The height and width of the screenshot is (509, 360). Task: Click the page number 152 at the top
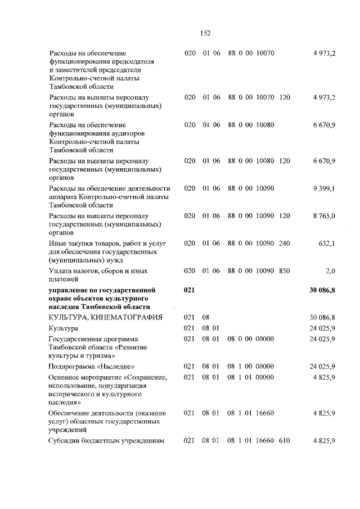point(205,33)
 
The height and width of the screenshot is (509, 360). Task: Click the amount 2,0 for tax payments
point(330,271)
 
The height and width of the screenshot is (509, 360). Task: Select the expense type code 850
point(284,271)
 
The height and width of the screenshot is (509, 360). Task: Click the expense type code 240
point(284,243)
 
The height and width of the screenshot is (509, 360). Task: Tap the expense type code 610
point(284,440)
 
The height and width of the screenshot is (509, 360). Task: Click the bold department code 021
point(189,290)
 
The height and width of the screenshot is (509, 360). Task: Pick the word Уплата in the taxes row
point(61,271)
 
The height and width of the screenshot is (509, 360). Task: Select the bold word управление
point(70,290)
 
